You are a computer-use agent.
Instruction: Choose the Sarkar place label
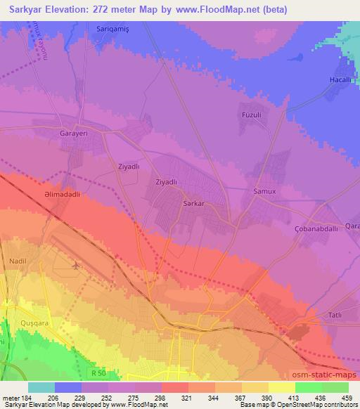pos(193,202)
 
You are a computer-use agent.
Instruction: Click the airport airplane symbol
pos(75,266)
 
